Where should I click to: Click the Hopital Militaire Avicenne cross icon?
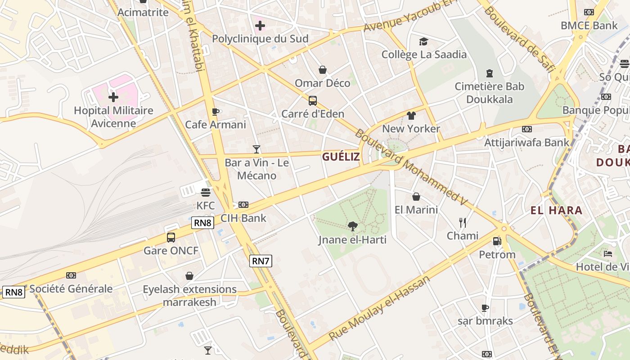click(x=113, y=97)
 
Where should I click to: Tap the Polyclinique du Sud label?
click(x=260, y=39)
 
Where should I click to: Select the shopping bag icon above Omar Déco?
click(x=323, y=70)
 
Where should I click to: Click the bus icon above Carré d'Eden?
click(x=313, y=101)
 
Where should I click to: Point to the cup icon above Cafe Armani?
click(x=216, y=112)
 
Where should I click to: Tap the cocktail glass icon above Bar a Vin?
click(x=256, y=149)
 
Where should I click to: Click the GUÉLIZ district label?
click(x=341, y=157)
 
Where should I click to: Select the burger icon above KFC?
click(x=206, y=193)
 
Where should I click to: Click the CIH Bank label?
click(x=243, y=218)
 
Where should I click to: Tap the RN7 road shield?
click(x=261, y=261)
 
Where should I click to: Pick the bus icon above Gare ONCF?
click(x=171, y=237)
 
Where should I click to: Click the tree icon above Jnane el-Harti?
click(x=352, y=226)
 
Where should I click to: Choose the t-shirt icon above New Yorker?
click(x=411, y=116)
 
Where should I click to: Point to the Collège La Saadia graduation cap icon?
click(x=423, y=42)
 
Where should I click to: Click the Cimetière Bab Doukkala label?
click(x=489, y=92)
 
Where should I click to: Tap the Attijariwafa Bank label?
click(x=526, y=143)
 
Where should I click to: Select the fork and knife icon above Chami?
click(x=462, y=222)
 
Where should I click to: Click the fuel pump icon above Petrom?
click(x=497, y=241)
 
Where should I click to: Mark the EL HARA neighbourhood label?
click(x=556, y=210)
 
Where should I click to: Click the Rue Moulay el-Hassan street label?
click(x=379, y=308)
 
